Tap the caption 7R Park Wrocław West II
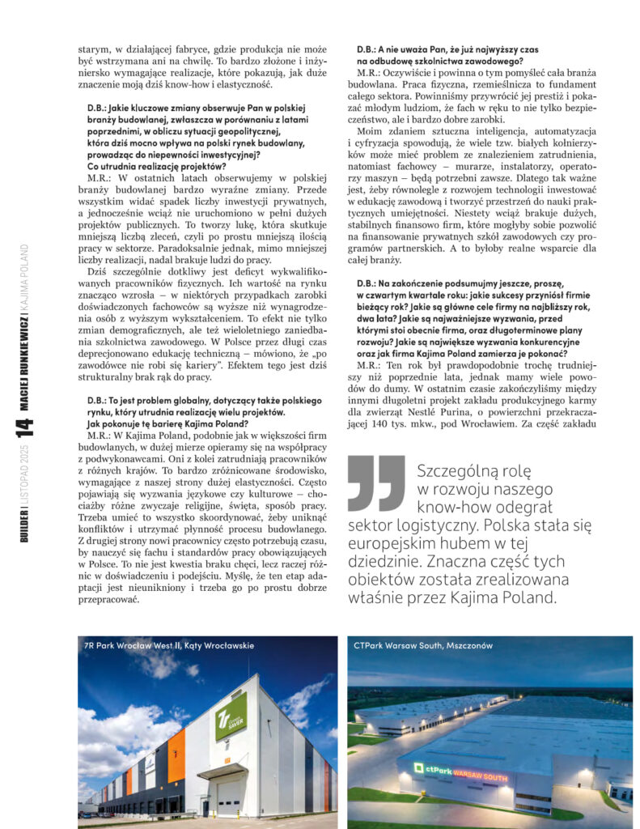tap(168, 645)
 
